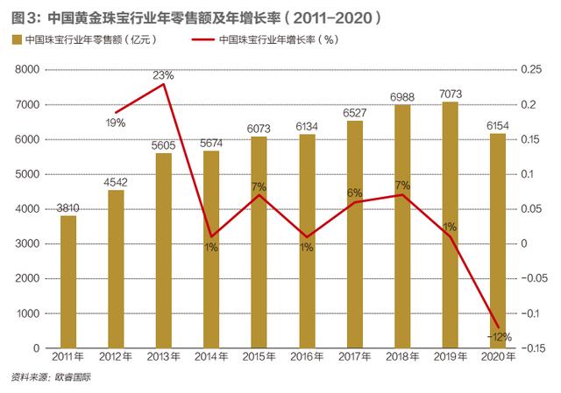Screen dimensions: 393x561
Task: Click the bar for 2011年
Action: pyautogui.click(x=68, y=281)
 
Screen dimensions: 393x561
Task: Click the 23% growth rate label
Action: pyautogui.click(x=162, y=74)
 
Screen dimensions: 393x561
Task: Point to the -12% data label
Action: pyautogui.click(x=501, y=336)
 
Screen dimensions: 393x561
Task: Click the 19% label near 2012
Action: pyautogui.click(x=116, y=123)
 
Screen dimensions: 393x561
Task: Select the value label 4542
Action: pyautogui.click(x=116, y=158)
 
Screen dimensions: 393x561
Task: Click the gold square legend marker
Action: pyautogui.click(x=16, y=39)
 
